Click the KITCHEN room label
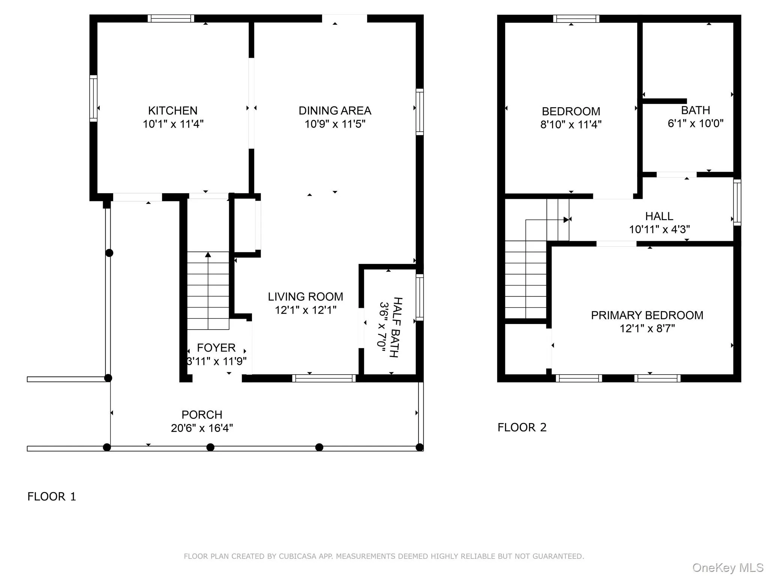(x=172, y=111)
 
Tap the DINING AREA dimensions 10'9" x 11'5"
(x=334, y=124)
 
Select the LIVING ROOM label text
(x=305, y=297)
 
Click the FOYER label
(x=216, y=348)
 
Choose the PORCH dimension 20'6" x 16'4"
(x=202, y=428)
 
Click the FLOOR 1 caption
(x=52, y=496)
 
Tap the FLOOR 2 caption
(x=522, y=427)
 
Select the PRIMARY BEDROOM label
(x=647, y=315)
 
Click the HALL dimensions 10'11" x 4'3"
(x=659, y=229)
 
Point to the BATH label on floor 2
(x=695, y=110)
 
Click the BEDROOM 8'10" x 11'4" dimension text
(x=571, y=124)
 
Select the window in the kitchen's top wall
(x=171, y=18)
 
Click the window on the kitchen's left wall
(x=93, y=98)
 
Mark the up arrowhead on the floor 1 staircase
(x=208, y=255)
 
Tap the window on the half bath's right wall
(x=420, y=297)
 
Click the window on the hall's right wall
(x=737, y=202)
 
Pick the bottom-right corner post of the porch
(x=420, y=447)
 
